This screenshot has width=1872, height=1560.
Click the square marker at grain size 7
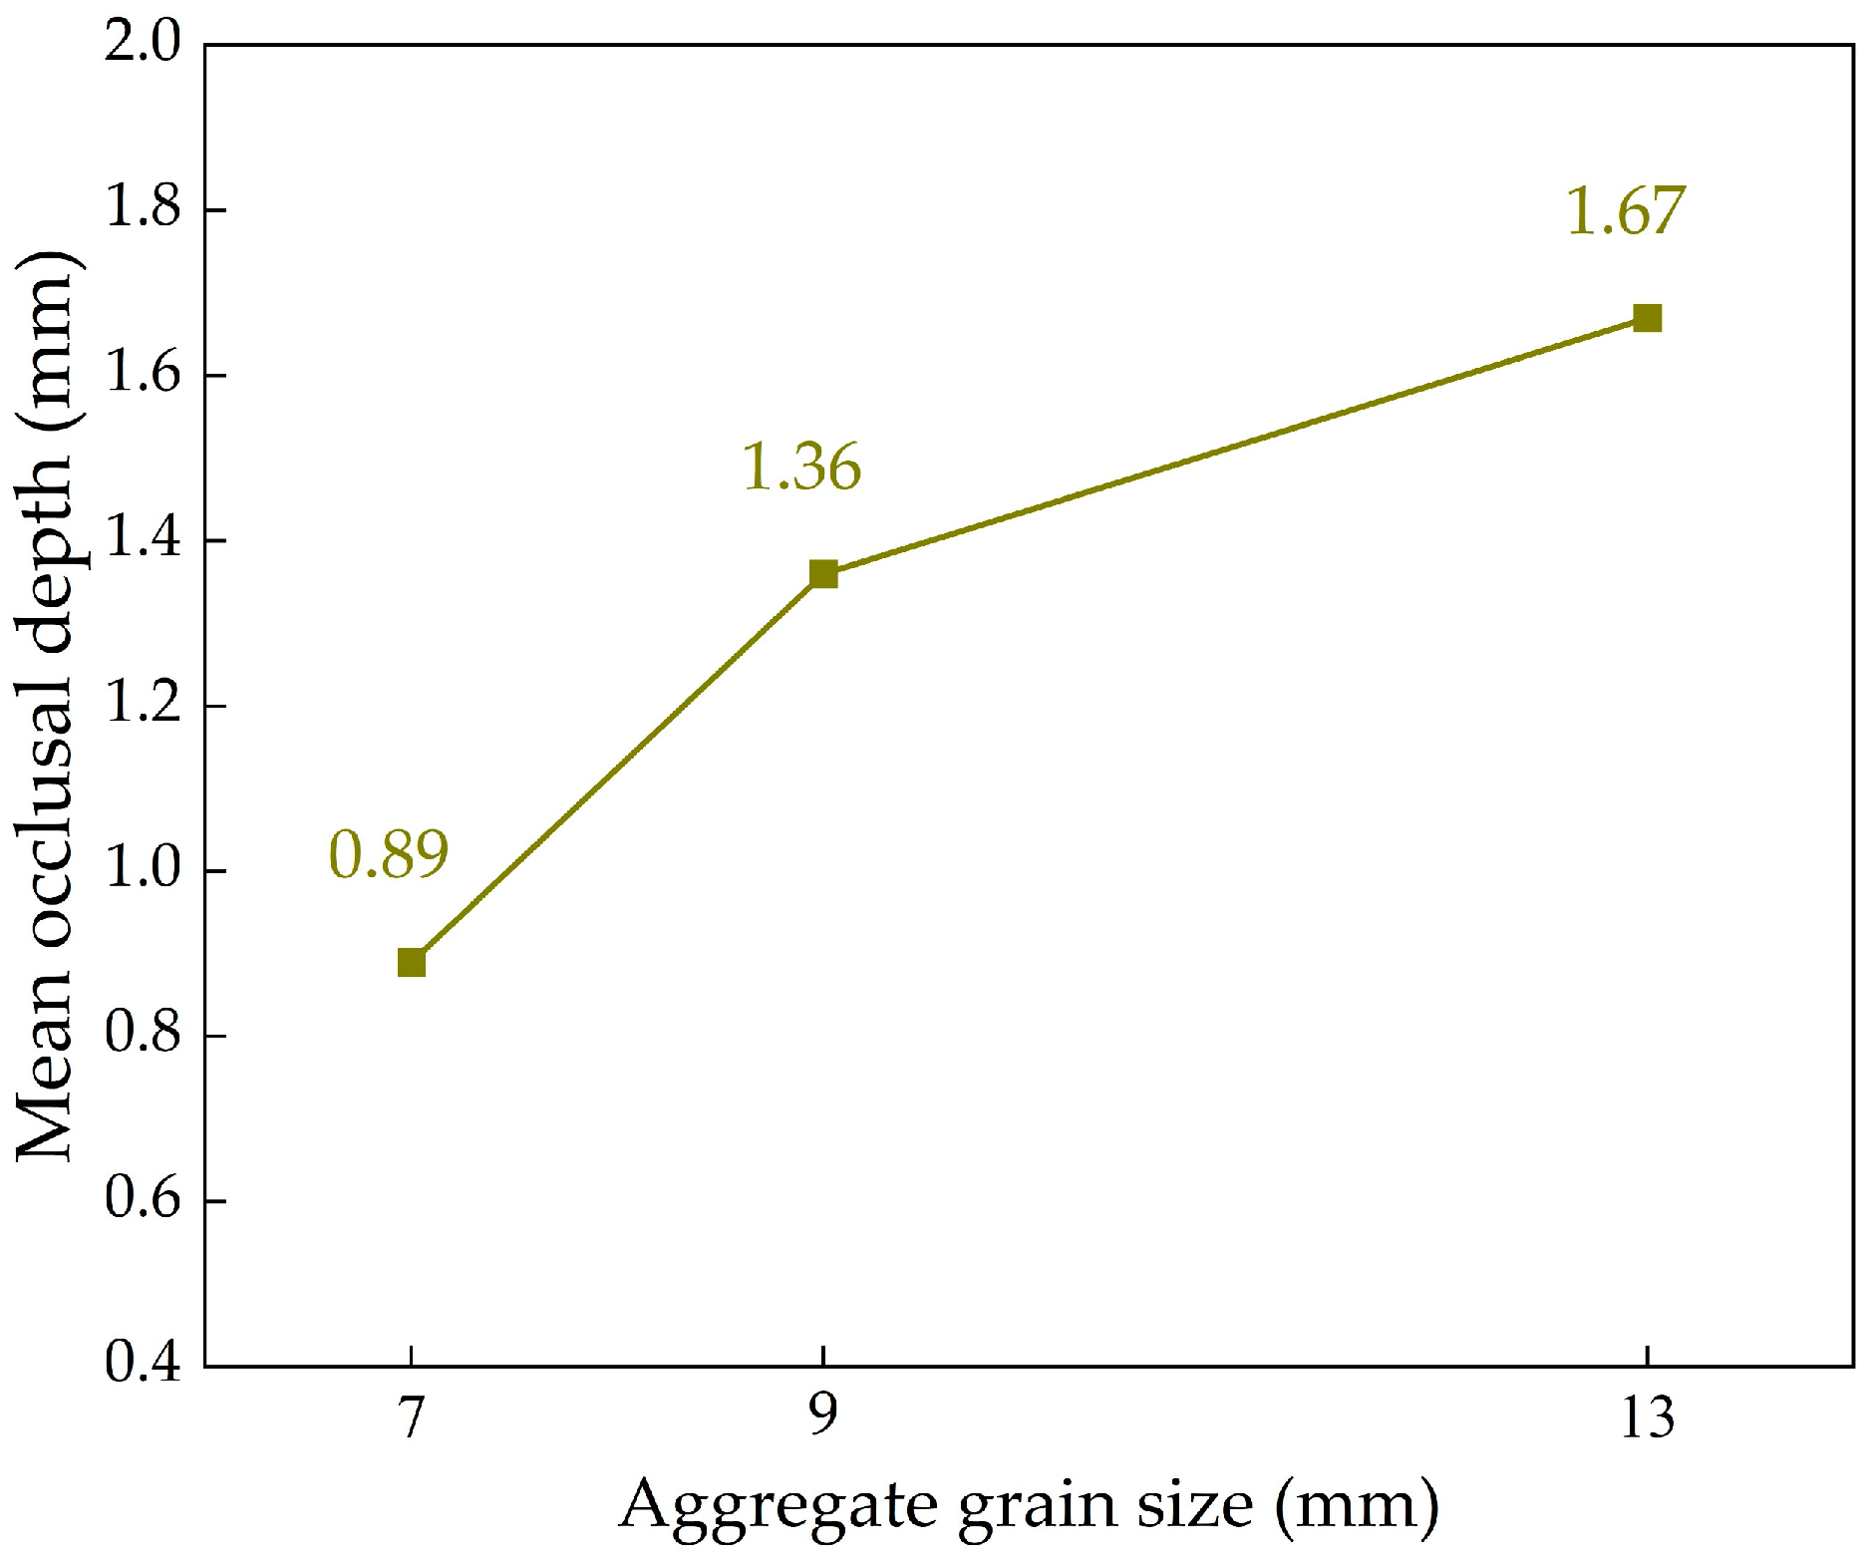point(412,963)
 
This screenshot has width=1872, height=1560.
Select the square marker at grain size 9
point(823,574)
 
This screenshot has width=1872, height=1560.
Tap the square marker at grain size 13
point(1647,319)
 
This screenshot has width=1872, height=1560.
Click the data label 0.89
point(389,854)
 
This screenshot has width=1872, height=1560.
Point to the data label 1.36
point(801,467)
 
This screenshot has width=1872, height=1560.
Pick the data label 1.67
point(1626,211)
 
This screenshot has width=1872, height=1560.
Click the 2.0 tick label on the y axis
point(144,45)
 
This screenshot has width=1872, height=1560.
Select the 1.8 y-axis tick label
point(144,210)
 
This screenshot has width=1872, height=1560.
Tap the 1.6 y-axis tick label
point(144,376)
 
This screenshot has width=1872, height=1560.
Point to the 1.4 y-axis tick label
point(144,540)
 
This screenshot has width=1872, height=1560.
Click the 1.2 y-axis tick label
point(144,706)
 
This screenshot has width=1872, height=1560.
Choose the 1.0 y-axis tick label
point(144,870)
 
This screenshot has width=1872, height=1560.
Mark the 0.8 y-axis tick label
point(144,1036)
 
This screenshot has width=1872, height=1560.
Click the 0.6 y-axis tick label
point(144,1200)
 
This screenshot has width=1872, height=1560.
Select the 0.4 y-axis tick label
point(144,1365)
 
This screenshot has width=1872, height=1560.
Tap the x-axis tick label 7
point(412,1416)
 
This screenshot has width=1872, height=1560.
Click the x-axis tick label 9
point(823,1416)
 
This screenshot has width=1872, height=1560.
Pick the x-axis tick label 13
point(1647,1416)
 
